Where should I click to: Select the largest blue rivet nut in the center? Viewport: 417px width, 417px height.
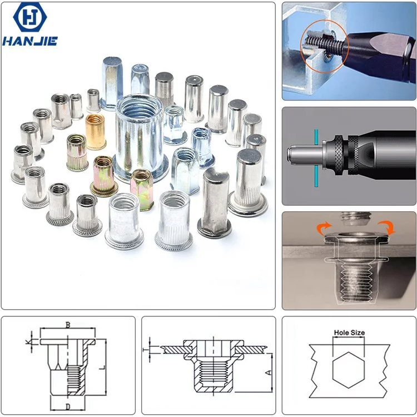141,137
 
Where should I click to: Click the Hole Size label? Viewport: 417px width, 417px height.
349,333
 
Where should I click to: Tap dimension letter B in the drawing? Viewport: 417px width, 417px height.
68,324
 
